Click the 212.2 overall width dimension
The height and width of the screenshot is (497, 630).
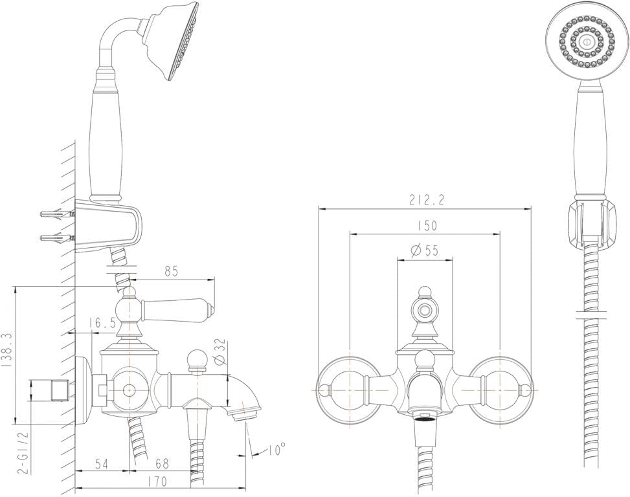(x=426, y=201)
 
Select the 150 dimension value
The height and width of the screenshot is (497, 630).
(x=427, y=225)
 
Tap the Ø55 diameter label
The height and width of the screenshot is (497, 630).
(x=424, y=250)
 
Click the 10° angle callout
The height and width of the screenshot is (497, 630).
(x=275, y=449)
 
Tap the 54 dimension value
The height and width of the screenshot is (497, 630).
(x=101, y=463)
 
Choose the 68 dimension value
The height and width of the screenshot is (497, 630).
(x=162, y=463)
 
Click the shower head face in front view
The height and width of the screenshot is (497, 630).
(x=586, y=41)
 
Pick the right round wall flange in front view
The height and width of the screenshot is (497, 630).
(x=499, y=390)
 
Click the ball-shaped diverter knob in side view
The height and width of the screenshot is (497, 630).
(x=196, y=358)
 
